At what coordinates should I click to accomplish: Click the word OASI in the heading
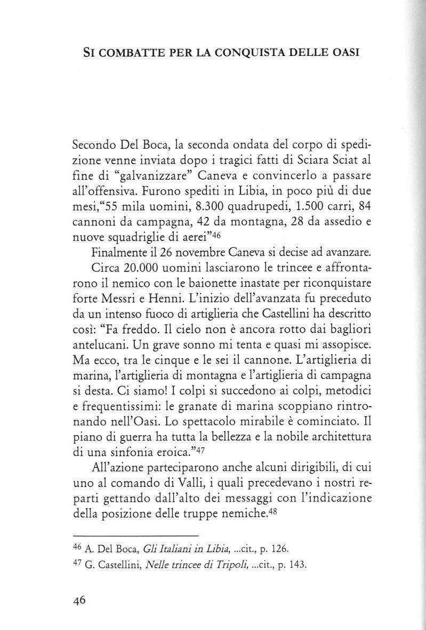click(340, 54)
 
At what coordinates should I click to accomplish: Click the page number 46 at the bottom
click(79, 600)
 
